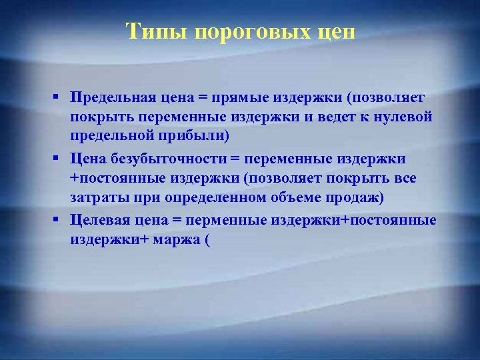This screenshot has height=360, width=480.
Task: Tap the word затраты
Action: pos(96,198)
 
